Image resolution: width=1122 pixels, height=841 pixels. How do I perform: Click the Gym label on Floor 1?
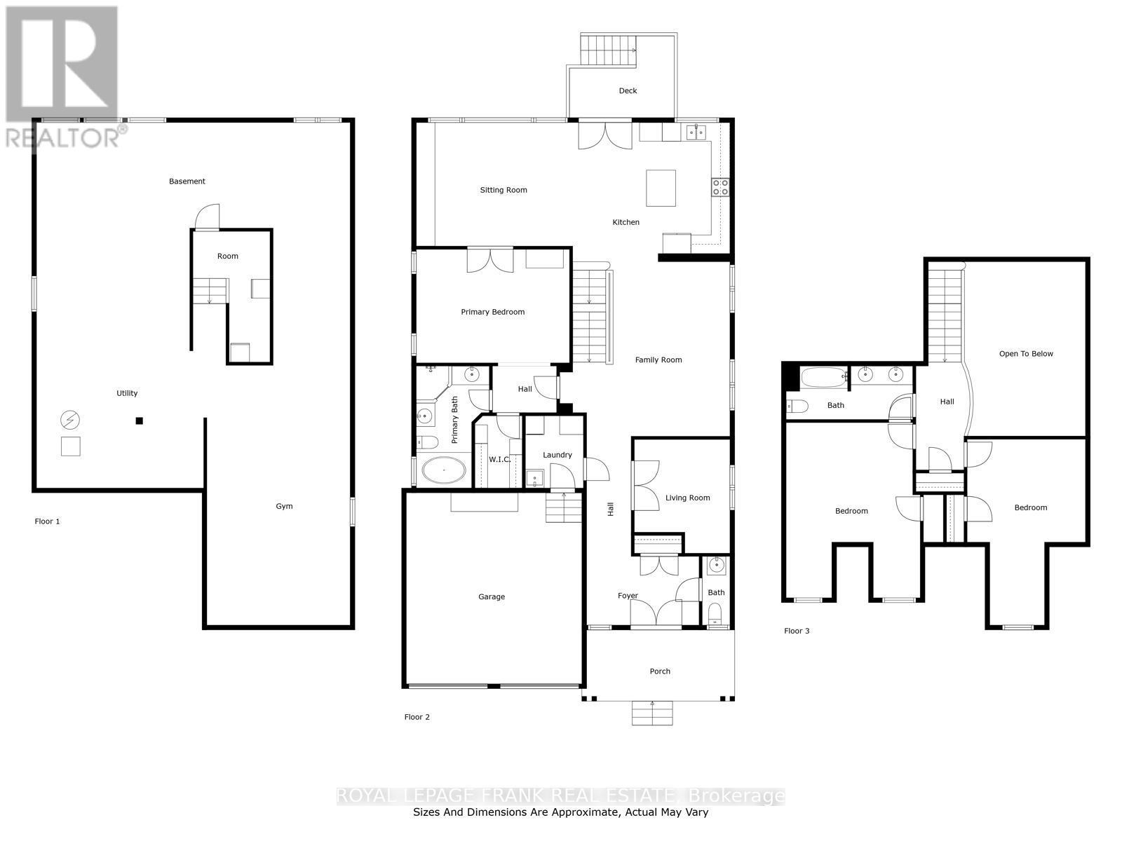tap(284, 506)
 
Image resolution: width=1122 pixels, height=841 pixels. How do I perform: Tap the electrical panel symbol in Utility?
tap(70, 420)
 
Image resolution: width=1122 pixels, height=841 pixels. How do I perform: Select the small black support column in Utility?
tap(139, 420)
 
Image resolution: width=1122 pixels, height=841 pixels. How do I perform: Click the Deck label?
tap(628, 90)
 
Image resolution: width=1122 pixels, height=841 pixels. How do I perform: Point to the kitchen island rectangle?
tap(661, 188)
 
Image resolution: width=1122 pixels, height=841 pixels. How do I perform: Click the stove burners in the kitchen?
tap(720, 187)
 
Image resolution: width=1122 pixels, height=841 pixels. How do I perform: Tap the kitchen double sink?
tap(696, 132)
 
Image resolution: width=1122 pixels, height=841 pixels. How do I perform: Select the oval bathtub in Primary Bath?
tap(444, 470)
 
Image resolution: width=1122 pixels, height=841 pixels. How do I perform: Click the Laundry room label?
tap(557, 455)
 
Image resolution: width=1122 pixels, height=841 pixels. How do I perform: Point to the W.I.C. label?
tap(499, 460)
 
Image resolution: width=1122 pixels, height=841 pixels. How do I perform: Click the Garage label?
tap(492, 596)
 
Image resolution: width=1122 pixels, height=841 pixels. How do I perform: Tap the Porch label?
tap(660, 671)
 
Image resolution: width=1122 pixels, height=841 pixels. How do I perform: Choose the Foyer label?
tap(628, 596)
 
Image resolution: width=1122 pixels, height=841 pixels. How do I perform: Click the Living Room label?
tap(687, 498)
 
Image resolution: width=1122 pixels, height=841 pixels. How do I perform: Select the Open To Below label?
tap(1026, 353)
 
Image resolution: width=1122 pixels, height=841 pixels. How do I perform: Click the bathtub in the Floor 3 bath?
tap(823, 378)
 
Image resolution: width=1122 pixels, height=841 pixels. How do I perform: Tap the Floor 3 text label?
tap(797, 631)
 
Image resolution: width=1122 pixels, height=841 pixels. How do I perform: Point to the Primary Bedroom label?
tap(492, 312)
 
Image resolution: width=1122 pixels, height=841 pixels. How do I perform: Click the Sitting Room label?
tap(503, 190)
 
